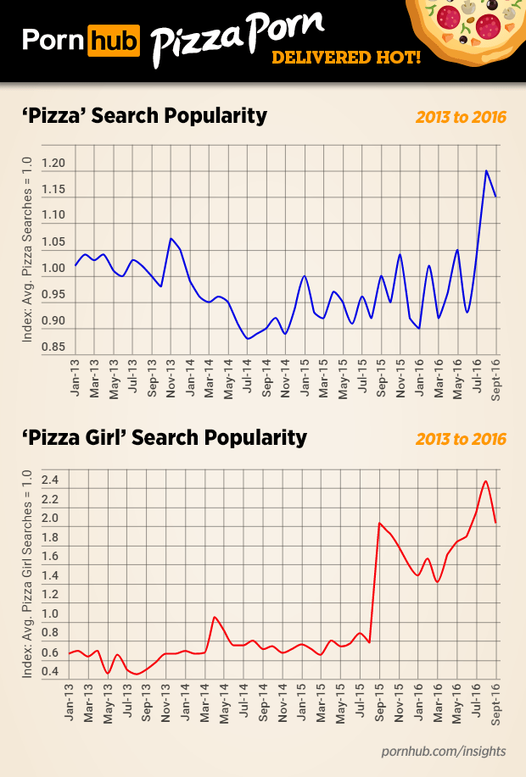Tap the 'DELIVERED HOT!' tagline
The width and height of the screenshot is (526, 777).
(x=344, y=58)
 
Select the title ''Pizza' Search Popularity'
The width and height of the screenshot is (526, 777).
(x=143, y=115)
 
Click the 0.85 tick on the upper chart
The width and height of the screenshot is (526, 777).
(x=53, y=348)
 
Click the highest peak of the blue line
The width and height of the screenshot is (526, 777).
(x=486, y=170)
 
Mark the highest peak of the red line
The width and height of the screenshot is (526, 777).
(x=485, y=481)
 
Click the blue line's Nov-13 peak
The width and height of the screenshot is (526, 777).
(x=171, y=239)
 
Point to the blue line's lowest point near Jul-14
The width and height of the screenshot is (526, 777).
(x=247, y=339)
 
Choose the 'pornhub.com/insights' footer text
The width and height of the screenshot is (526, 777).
(x=444, y=751)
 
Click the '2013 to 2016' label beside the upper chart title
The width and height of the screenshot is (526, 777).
(x=461, y=117)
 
